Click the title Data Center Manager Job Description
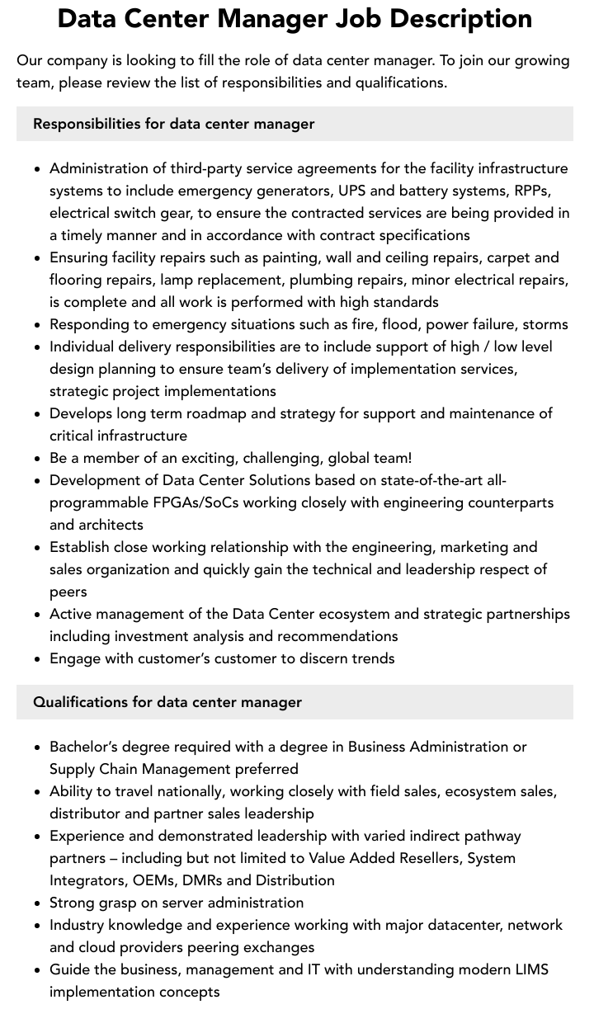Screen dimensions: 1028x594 coord(295,18)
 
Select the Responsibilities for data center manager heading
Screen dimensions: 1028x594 coord(173,124)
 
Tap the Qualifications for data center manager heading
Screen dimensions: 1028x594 coord(167,702)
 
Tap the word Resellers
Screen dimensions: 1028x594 coord(422,858)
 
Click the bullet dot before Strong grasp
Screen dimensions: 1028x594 coord(37,903)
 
